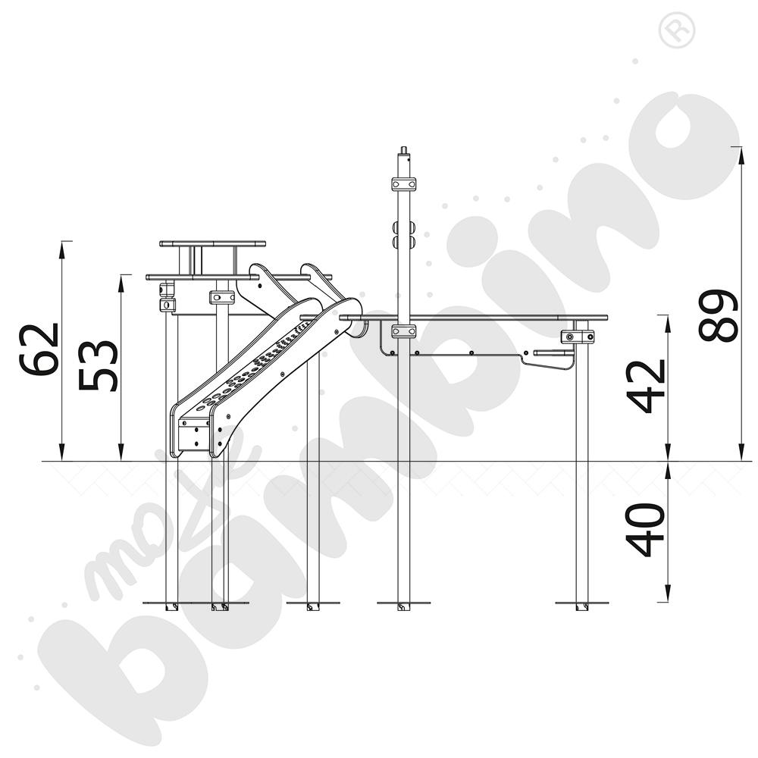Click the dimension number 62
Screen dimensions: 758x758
coord(39,349)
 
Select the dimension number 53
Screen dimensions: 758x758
coord(98,365)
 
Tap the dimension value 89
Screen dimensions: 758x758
coord(719,315)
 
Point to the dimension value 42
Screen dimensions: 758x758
coord(647,387)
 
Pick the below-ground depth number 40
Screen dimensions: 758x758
coord(645,530)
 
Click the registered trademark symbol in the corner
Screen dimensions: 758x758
coord(677,30)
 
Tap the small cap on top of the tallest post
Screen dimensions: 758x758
coord(404,150)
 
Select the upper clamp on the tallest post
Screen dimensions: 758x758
coord(404,184)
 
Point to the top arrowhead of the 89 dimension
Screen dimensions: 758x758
coord(740,154)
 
